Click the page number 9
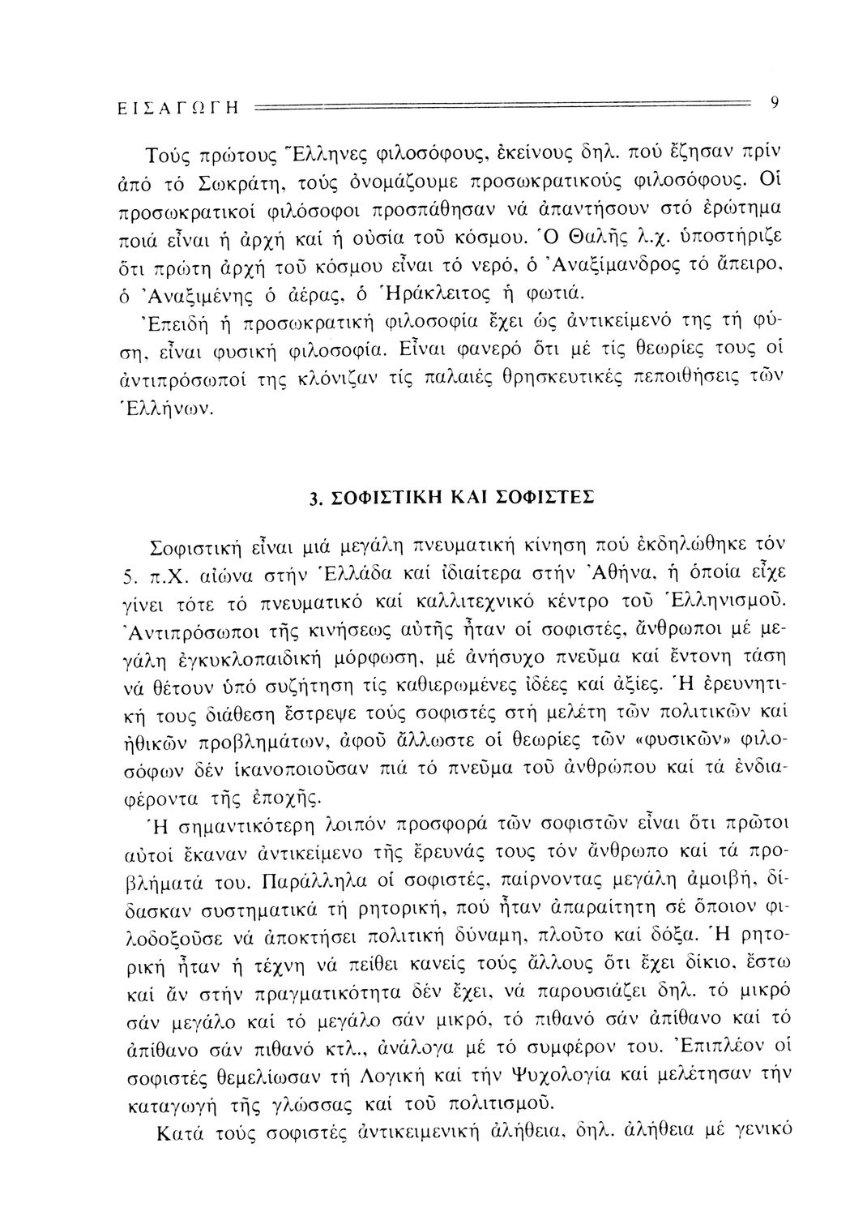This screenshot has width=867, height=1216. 775,102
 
